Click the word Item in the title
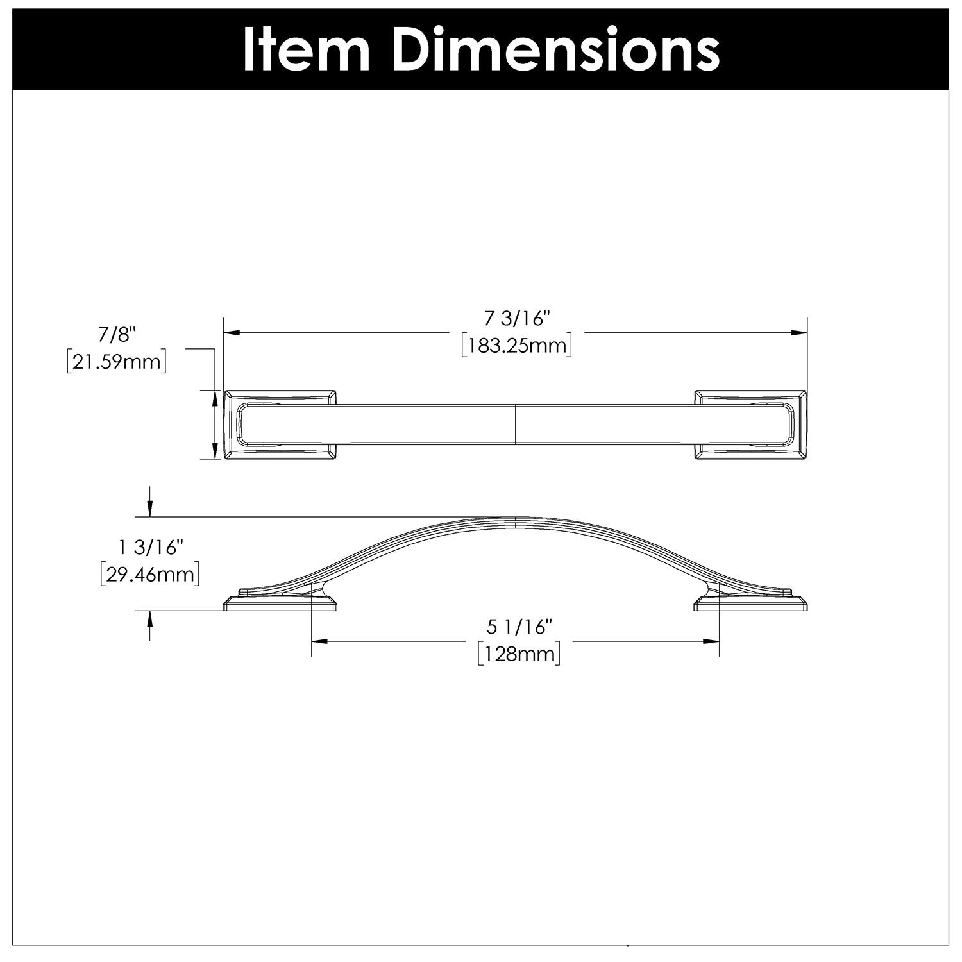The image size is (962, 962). click(306, 50)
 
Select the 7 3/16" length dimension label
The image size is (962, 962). click(517, 318)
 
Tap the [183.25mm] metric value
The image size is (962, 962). click(517, 346)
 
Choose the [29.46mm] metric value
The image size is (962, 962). click(150, 574)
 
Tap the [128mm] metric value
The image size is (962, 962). click(519, 655)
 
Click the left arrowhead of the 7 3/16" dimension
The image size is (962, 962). click(230, 333)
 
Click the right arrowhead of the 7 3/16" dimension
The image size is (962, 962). click(799, 333)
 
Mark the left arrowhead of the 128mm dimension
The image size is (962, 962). click(319, 641)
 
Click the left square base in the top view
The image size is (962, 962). click(280, 424)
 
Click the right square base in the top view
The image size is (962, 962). click(750, 424)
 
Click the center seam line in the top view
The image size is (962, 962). click(516, 424)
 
